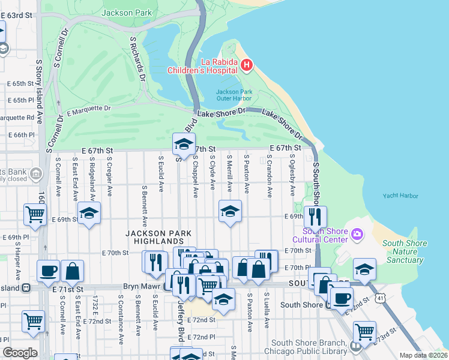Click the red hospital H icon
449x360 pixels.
[x=246, y=64]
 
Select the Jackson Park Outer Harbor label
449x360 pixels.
[x=232, y=96]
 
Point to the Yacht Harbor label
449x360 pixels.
[x=400, y=196]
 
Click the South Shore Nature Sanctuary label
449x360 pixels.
[x=405, y=252]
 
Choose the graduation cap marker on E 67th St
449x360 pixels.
[x=184, y=144]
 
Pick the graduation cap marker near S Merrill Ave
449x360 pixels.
[x=229, y=212]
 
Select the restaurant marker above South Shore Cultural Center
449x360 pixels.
[x=315, y=216]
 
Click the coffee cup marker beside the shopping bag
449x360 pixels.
[x=48, y=271]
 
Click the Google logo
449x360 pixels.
[x=20, y=353]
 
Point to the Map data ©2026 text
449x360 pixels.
[x=424, y=355]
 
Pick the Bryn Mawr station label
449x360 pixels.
[x=142, y=287]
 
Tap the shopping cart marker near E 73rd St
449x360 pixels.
[x=364, y=331]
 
